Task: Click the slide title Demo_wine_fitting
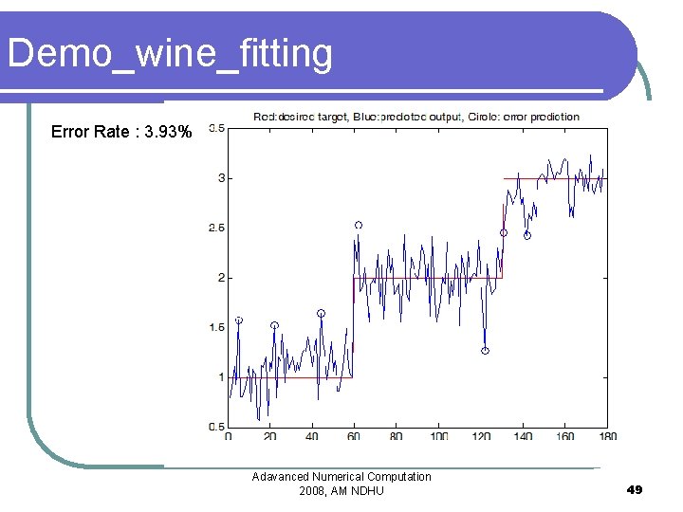[x=170, y=54]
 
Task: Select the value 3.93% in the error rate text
[x=170, y=132]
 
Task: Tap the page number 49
[x=635, y=490]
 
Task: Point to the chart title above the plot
[x=415, y=117]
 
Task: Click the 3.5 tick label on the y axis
[x=216, y=128]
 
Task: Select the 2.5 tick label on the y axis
[x=216, y=228]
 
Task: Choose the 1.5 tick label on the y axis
[x=216, y=327]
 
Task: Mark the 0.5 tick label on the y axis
[x=216, y=427]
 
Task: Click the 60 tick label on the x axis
[x=354, y=436]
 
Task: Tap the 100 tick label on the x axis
[x=438, y=436]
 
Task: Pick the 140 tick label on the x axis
[x=523, y=436]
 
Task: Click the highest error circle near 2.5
[x=359, y=225]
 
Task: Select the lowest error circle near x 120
[x=485, y=351]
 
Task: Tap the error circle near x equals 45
[x=321, y=313]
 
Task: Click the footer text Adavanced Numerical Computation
[x=341, y=477]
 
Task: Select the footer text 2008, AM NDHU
[x=341, y=490]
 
